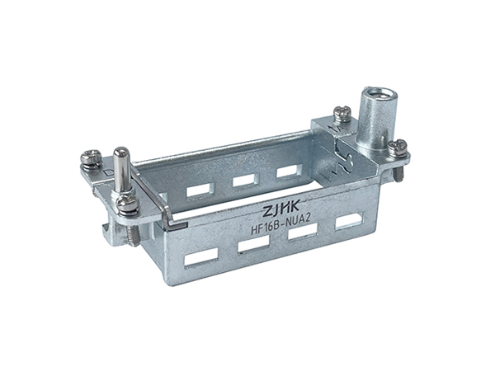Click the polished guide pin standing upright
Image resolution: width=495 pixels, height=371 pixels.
tap(120, 169)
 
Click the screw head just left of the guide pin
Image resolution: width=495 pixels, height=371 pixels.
tap(91, 157)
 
